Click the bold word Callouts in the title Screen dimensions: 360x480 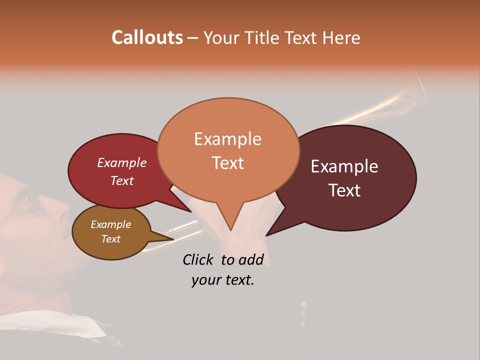point(147,37)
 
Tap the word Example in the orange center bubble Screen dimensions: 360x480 point(227,139)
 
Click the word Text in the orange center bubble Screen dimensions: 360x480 point(227,162)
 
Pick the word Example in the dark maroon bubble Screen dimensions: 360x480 point(344,166)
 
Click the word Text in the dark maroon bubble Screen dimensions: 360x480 point(344,190)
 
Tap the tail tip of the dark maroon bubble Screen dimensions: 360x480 point(267,234)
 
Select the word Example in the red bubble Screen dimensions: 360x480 point(121,162)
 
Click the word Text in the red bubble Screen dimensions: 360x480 point(121,180)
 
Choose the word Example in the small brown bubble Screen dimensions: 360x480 point(110,224)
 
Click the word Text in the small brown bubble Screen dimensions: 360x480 point(110,239)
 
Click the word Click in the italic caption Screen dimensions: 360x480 point(197,259)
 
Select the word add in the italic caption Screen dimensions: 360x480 point(251,259)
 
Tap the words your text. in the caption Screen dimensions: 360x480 point(223,280)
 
